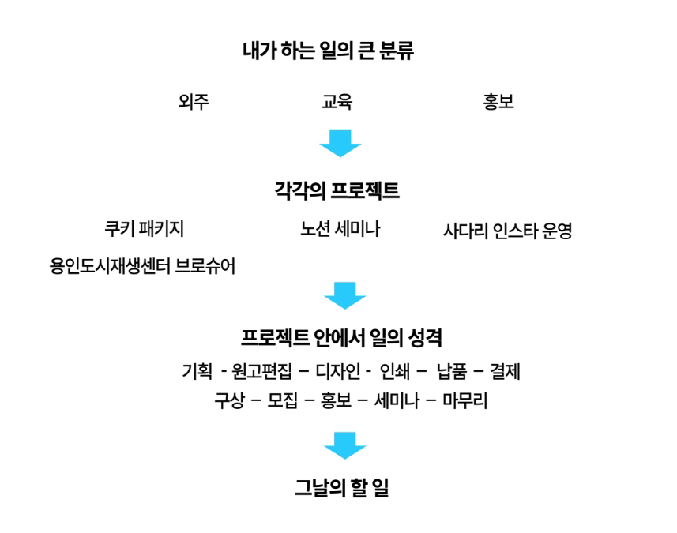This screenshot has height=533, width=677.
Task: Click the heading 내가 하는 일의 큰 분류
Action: point(328,51)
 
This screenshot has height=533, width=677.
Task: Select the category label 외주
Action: point(194,102)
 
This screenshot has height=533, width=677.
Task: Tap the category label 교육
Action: point(337,102)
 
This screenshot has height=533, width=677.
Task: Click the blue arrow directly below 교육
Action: point(340,143)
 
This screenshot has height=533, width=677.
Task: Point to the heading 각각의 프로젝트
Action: point(337,191)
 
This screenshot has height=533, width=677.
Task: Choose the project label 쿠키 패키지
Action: point(145,229)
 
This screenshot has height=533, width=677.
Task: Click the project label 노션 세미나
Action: point(340,229)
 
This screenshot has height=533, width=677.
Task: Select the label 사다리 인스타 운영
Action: point(508,231)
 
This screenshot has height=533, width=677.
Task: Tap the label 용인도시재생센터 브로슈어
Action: point(142,266)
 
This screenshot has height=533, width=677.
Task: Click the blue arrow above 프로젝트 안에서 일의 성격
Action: point(345,295)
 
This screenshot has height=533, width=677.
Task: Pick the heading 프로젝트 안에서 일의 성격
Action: point(341,338)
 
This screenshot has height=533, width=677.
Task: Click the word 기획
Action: point(197,371)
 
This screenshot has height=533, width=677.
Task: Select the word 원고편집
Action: point(261,371)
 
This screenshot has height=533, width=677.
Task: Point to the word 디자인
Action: point(337,371)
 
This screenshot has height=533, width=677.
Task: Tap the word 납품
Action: point(452,371)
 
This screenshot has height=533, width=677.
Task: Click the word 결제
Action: point(505,371)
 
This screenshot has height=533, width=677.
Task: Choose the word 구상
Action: point(230,401)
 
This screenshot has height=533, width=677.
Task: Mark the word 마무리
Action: point(465,401)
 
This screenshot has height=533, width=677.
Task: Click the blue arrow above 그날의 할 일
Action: point(345,445)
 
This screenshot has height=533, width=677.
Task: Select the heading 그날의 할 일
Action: point(341,488)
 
